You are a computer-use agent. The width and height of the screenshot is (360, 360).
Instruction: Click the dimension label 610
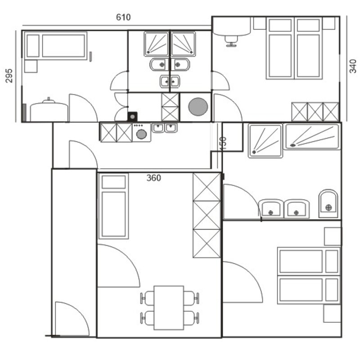(123, 17)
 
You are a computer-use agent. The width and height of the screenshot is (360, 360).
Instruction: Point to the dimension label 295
(9, 76)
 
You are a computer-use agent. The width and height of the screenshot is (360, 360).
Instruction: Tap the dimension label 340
(353, 66)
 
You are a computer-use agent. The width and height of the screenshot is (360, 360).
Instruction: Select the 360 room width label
(153, 178)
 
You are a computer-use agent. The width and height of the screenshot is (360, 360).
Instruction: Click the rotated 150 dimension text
(223, 144)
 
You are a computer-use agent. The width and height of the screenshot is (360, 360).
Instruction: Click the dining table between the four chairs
(169, 308)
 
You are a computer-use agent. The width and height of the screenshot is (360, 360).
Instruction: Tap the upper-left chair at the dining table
(147, 298)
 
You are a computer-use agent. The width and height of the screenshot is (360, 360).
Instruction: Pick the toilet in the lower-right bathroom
(328, 204)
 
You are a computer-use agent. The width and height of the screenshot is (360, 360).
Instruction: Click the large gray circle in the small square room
(198, 107)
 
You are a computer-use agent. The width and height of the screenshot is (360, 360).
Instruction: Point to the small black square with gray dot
(132, 117)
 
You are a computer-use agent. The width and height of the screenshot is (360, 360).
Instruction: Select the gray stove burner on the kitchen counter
(141, 134)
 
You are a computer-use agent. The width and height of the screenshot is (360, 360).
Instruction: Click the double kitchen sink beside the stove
(165, 128)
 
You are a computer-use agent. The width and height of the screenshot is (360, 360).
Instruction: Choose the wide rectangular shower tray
(312, 137)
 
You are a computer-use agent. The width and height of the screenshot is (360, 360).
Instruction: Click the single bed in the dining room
(113, 206)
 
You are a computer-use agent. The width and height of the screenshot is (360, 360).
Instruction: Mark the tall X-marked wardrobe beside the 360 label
(207, 215)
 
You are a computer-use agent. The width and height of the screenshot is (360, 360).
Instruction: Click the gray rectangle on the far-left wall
(24, 112)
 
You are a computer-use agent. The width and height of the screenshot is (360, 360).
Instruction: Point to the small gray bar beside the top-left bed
(91, 57)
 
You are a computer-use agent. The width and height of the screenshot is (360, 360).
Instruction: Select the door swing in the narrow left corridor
(72, 319)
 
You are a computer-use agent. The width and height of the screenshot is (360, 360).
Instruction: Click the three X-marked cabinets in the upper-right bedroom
(315, 112)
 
